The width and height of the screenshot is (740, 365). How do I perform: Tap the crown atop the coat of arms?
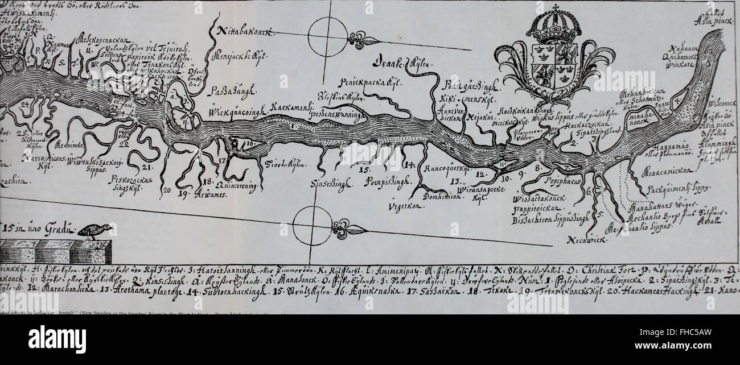pos(553,26)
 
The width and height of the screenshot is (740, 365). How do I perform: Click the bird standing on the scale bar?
pos(95,230)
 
